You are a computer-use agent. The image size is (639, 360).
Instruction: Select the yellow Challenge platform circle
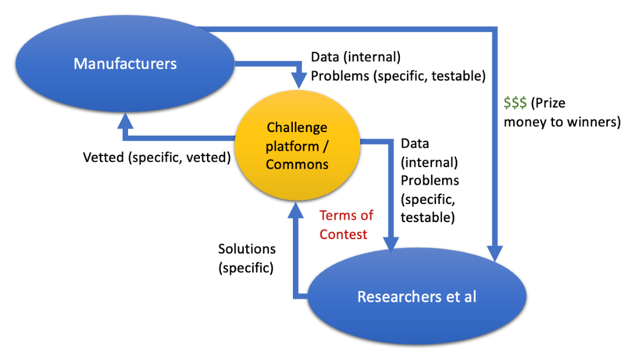point(296,146)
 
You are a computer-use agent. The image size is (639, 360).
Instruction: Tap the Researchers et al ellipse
point(416,296)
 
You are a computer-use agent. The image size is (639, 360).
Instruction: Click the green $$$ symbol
point(515,103)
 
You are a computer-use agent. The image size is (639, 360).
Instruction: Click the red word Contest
point(343,234)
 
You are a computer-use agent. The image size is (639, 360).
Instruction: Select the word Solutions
point(247,249)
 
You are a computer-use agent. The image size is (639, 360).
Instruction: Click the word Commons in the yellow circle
point(297,164)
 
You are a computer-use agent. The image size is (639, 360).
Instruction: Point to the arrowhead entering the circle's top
point(300,81)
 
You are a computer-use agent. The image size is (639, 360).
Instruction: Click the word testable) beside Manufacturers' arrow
point(458,75)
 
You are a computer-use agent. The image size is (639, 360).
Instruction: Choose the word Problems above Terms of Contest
point(430,180)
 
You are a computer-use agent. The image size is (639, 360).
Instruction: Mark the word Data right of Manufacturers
point(324,57)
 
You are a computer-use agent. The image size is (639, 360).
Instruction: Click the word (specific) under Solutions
point(246,268)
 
